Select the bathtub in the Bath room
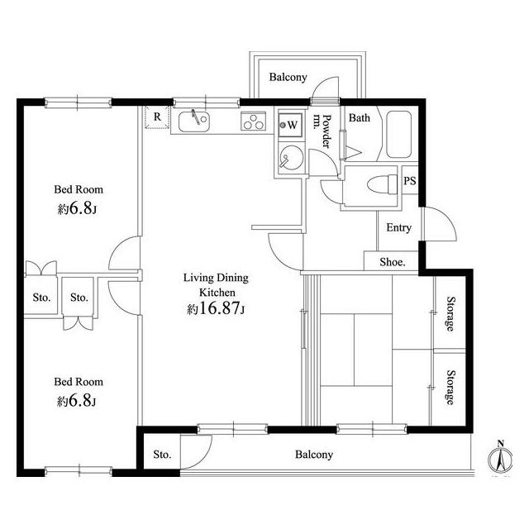[398, 135]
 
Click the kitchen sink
[194, 122]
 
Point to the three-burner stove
[254, 122]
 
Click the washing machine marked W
[290, 125]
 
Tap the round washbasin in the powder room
[292, 158]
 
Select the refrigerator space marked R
[157, 117]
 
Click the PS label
[410, 181]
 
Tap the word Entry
[398, 228]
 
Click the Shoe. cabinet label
[393, 262]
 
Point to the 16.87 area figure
[219, 307]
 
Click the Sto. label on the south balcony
[162, 455]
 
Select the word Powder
[326, 131]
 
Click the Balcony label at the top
[288, 77]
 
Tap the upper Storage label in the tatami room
[450, 314]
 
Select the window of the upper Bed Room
[78, 102]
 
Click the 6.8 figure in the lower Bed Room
[80, 401]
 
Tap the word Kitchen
[217, 293]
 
